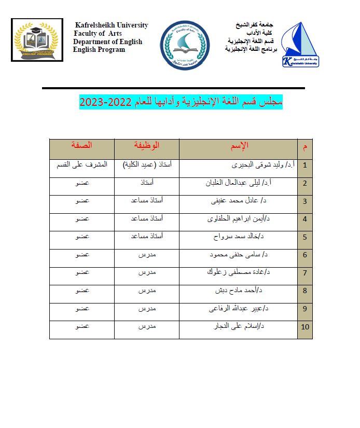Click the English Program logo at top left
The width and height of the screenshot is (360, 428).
[37, 40]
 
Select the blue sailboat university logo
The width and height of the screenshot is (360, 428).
[300, 45]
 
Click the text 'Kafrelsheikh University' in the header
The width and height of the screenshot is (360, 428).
[112, 25]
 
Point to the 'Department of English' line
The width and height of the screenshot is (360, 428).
[107, 42]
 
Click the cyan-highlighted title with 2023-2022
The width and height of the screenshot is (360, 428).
[181, 101]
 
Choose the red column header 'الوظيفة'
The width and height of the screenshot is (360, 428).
[147, 145]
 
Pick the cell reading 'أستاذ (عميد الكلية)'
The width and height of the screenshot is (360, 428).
[147, 165]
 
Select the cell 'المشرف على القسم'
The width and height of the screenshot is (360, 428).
[83, 165]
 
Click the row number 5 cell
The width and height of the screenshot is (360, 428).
[305, 238]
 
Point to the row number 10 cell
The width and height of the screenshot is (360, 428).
[305, 327]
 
